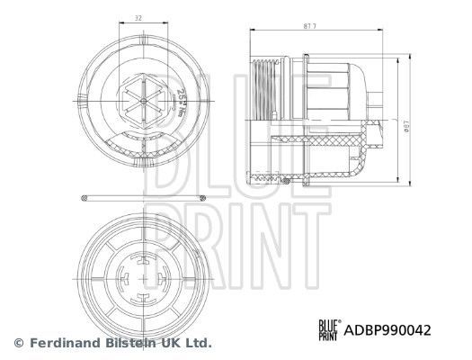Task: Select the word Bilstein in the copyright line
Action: [134, 343]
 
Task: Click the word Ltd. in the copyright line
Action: [199, 343]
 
